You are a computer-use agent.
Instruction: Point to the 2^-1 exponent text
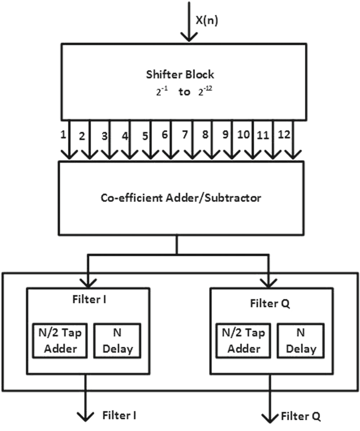point(160,92)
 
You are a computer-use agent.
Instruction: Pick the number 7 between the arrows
point(185,136)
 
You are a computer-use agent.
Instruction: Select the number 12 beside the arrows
point(284,135)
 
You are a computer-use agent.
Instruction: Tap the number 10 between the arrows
point(244,136)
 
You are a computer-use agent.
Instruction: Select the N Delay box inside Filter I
point(117,341)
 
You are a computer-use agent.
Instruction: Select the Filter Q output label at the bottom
point(301,416)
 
